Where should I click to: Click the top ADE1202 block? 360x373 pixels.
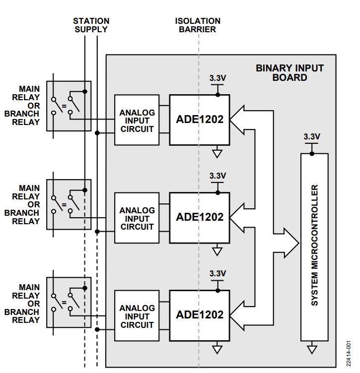point(199,120)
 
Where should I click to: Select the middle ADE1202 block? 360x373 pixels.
point(199,217)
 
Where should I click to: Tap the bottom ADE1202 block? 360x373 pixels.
point(199,315)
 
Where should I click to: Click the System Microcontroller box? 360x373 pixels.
point(314,247)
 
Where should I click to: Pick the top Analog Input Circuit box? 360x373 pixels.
point(137,120)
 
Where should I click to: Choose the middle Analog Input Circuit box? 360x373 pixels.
point(137,218)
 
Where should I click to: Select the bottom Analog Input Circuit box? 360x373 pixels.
point(137,316)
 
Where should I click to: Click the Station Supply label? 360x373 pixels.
point(91,25)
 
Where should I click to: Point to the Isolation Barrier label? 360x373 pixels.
point(198,25)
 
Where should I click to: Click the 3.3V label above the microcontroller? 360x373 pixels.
point(312,136)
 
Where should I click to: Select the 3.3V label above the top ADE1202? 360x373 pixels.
point(217,78)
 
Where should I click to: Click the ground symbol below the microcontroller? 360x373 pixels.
point(312,350)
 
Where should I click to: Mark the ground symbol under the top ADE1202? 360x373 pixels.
point(217,154)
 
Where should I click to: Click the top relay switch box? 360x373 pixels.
point(69,106)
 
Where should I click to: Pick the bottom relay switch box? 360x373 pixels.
point(69,302)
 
